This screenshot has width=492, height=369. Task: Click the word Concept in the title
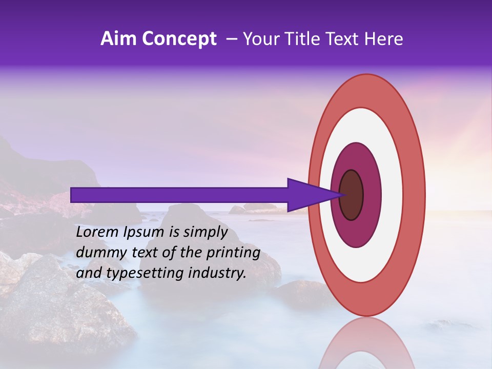tap(180, 39)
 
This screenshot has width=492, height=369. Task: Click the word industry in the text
tap(216, 273)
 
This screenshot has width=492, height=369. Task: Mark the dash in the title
tap(231, 39)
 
